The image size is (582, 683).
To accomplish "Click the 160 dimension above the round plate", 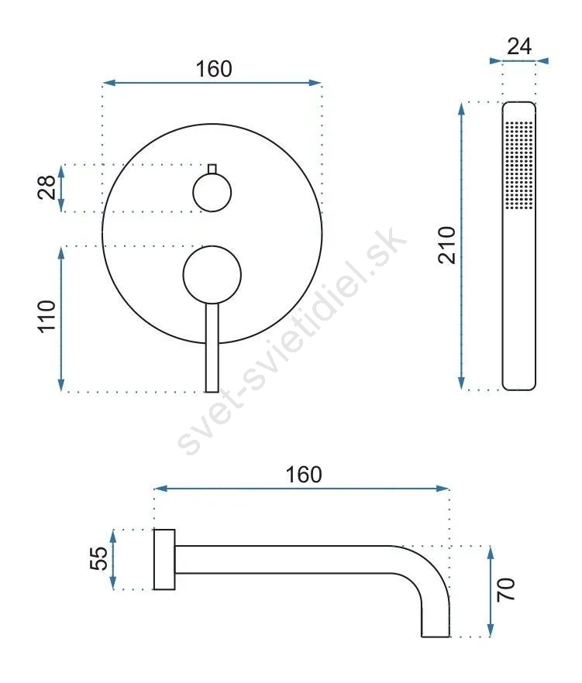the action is click(214, 69).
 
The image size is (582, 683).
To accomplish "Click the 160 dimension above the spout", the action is click(304, 475).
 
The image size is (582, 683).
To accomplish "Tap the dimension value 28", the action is click(47, 187).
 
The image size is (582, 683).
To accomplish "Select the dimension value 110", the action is click(47, 317).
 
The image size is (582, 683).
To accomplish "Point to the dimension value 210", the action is click(447, 245).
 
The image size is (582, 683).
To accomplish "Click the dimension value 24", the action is click(519, 46).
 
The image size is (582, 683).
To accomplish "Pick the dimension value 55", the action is click(98, 558).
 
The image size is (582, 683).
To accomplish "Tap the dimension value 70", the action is click(506, 590).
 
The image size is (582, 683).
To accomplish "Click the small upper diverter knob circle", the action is click(212, 193).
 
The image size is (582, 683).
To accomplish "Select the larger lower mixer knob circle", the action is click(212, 274).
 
